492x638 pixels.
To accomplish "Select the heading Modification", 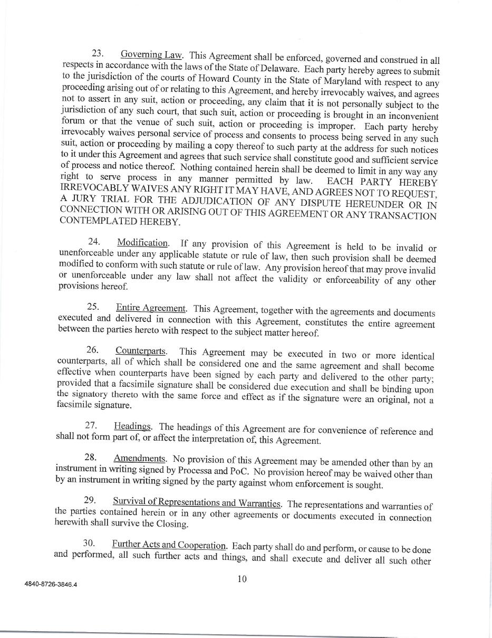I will pyautogui.click(x=142, y=243).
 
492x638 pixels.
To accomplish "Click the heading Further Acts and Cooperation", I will pyautogui.click(x=169, y=544).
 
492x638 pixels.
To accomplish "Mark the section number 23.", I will pyautogui.click(x=98, y=53).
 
